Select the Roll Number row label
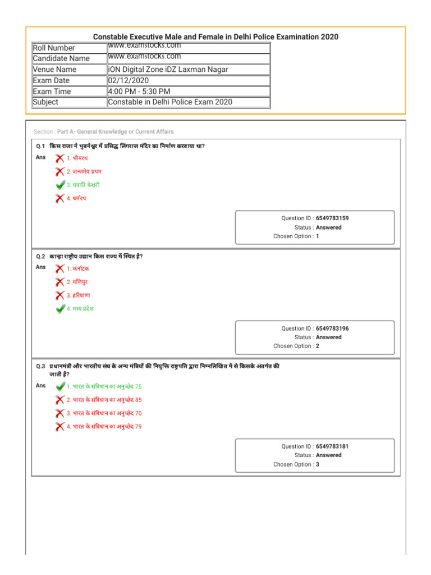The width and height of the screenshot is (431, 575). pyautogui.click(x=54, y=48)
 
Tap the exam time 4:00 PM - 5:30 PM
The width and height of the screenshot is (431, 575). pyautogui.click(x=139, y=91)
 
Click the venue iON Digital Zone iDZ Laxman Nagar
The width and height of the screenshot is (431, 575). pyautogui.click(x=168, y=70)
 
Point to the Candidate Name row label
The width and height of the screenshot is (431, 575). pyautogui.click(x=61, y=58)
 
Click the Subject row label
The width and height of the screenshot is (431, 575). pyautogui.click(x=45, y=102)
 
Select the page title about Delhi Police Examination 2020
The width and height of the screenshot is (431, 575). pyautogui.click(x=215, y=36)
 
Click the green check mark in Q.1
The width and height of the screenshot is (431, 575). pyautogui.click(x=60, y=185)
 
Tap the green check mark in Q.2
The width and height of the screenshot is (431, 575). pyautogui.click(x=60, y=309)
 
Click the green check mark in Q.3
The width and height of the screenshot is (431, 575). pyautogui.click(x=60, y=386)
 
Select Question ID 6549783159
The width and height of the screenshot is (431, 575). pyautogui.click(x=336, y=218)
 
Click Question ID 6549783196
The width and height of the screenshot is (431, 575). pyautogui.click(x=336, y=328)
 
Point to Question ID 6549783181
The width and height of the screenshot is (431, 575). pyautogui.click(x=336, y=446)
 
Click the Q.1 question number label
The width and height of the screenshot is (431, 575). pyautogui.click(x=40, y=146)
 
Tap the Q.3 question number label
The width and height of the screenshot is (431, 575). pyautogui.click(x=40, y=366)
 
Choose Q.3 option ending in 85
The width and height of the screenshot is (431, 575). pyautogui.click(x=104, y=400)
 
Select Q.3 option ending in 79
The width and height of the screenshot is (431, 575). pyautogui.click(x=104, y=427)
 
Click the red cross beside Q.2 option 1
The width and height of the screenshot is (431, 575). pyautogui.click(x=60, y=268)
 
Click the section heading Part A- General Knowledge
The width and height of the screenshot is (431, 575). pyautogui.click(x=115, y=131)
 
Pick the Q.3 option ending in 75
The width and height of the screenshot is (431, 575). pyautogui.click(x=104, y=386)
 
